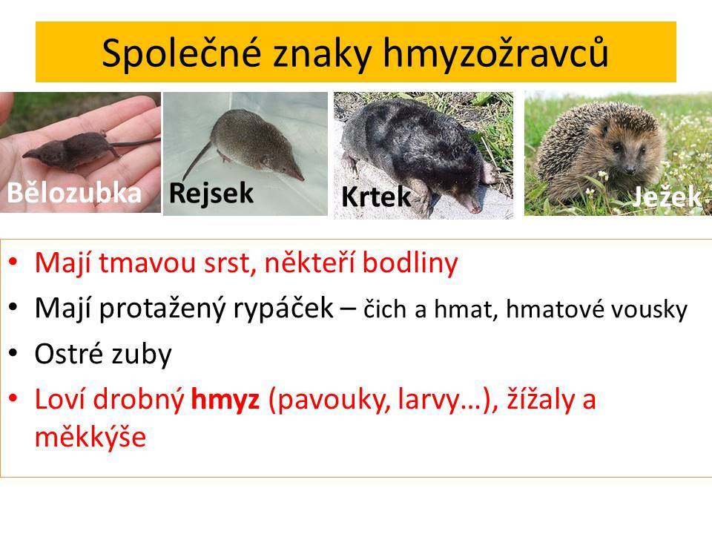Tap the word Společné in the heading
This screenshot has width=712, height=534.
coord(182,53)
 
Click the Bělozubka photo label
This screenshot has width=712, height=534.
coord(74,193)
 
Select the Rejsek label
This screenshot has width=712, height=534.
coord(211,193)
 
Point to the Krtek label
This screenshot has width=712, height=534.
coord(376,197)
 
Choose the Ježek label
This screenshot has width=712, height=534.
coord(666,197)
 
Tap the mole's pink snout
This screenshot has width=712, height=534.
coord(475,208)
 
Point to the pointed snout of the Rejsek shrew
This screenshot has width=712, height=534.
coord(297,175)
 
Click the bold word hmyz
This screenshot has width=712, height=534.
coord(225,400)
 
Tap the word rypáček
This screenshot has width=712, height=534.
coord(283,309)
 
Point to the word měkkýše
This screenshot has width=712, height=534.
coord(90,437)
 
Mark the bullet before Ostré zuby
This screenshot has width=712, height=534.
coord(13,353)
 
